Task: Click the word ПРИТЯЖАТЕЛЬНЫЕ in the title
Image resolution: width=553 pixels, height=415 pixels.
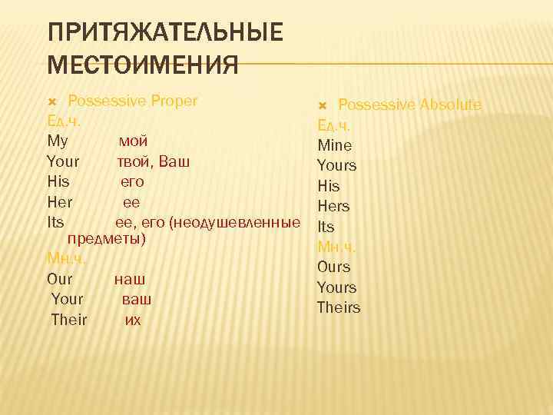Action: coord(164,34)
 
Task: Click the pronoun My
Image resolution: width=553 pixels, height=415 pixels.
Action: coord(58,141)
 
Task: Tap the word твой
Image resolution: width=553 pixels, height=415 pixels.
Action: coord(135,162)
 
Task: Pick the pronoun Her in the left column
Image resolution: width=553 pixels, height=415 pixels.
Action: coord(60,203)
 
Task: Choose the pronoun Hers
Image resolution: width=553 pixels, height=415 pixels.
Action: coord(333,206)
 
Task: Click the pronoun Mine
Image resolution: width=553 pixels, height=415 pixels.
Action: coord(335,145)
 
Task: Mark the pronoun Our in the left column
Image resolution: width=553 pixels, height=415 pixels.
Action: coord(60,278)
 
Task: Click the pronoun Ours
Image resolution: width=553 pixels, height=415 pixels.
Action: coord(333,267)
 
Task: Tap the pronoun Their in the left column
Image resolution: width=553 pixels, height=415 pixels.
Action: coord(69,319)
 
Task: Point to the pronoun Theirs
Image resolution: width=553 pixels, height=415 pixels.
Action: coord(338,307)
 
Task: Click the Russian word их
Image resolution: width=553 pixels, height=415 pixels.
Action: coord(133,319)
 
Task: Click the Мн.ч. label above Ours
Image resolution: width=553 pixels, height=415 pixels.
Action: coord(336,247)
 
